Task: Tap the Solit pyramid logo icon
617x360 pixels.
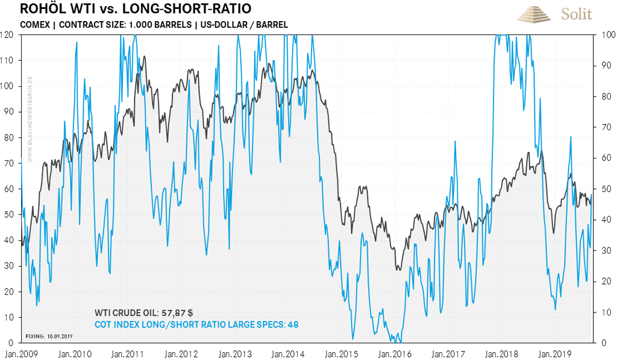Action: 534,13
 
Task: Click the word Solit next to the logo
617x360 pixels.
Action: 577,14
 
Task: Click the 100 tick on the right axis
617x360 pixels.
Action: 606,34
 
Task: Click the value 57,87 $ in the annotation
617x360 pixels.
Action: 177,313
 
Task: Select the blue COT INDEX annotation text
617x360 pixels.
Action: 196,324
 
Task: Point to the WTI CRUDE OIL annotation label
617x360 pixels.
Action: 125,313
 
